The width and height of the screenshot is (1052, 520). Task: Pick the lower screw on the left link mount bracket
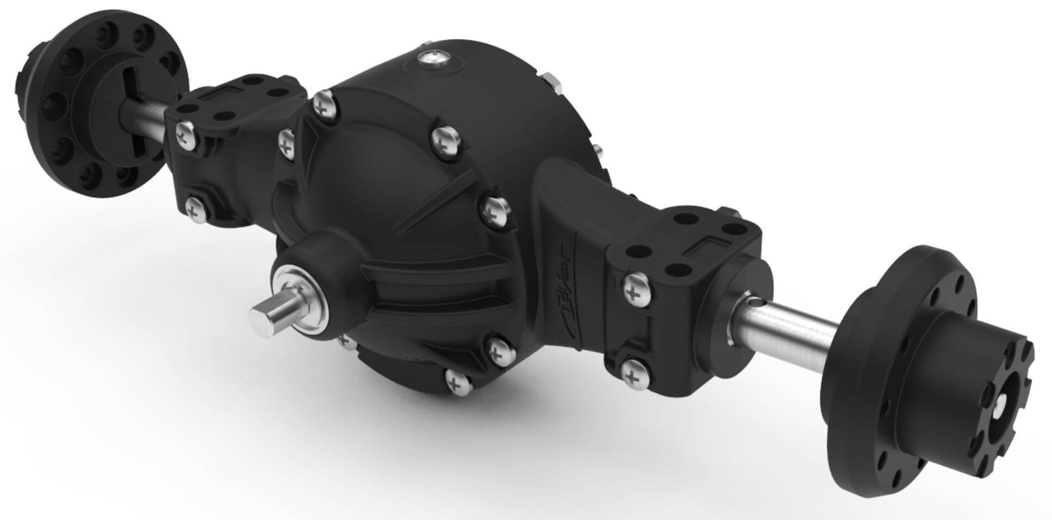point(194,208)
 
